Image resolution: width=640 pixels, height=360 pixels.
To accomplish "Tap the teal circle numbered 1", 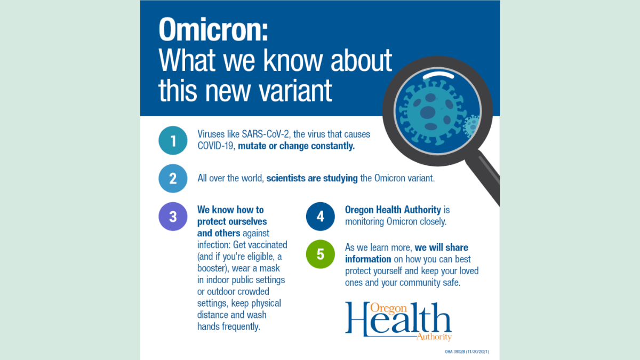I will click(x=173, y=140).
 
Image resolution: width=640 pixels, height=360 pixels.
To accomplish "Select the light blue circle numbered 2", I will click(x=173, y=178).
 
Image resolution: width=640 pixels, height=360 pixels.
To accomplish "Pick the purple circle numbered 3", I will click(x=173, y=217).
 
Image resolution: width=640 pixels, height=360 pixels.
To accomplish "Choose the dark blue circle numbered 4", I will click(x=320, y=217).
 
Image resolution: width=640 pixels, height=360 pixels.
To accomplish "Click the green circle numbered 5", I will click(x=320, y=254).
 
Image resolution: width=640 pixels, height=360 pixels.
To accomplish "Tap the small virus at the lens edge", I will click(x=471, y=126).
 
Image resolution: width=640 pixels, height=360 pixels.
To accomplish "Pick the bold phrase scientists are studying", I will click(x=312, y=178).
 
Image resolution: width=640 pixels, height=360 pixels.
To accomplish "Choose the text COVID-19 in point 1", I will click(x=215, y=146).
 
